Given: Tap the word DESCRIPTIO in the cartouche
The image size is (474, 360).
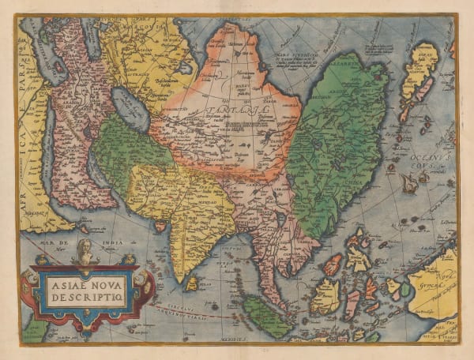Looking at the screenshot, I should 86,294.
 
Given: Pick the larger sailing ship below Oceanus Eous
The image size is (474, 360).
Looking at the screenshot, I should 410,183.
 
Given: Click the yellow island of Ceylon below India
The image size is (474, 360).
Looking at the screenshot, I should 191,282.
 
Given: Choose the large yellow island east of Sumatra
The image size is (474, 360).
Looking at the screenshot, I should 326,296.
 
